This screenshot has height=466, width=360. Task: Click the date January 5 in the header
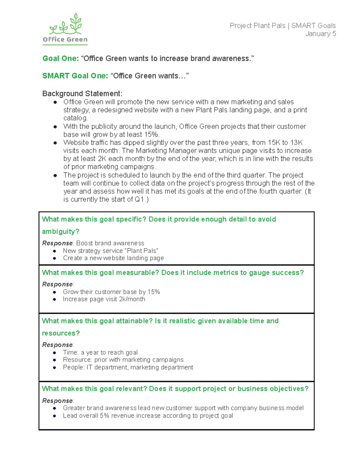pyautogui.click(x=320, y=34)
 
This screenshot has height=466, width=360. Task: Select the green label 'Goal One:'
pyautogui.click(x=60, y=59)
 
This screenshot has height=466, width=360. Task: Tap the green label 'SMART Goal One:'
pyautogui.click(x=75, y=76)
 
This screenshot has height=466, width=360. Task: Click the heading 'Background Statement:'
pyautogui.click(x=82, y=94)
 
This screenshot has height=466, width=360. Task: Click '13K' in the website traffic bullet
pyautogui.click(x=296, y=143)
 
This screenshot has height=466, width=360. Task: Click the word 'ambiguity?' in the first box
pyautogui.click(x=61, y=232)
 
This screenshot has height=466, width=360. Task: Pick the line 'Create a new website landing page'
pyautogui.click(x=113, y=258)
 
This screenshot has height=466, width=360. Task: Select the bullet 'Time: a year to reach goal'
pyautogui.click(x=100, y=353)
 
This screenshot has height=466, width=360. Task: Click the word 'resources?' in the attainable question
pyautogui.click(x=61, y=333)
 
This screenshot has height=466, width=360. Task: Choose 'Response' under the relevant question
pyautogui.click(x=57, y=401)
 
